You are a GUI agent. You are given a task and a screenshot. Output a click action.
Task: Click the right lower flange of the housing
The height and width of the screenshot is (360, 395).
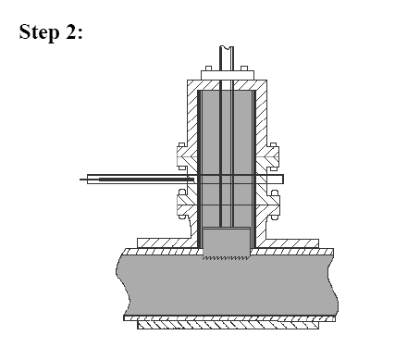[275, 202]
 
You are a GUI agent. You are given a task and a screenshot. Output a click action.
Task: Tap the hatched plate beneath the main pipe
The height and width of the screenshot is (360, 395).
[228, 325]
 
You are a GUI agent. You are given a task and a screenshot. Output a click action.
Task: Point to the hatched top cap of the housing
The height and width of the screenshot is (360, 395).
[227, 84]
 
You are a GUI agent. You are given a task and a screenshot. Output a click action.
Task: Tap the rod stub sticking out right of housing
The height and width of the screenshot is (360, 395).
[279, 178]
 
